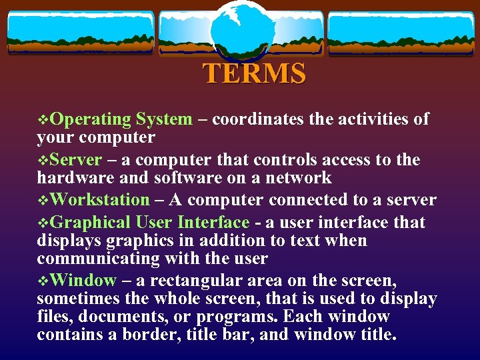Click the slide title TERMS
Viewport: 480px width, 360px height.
255,73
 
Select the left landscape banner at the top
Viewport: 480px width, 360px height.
81,32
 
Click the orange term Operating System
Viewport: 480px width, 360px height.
121,119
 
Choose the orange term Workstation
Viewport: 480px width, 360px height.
100,200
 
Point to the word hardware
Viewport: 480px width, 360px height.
69,177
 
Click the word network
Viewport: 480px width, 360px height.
298,177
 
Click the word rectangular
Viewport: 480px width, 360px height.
197,281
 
